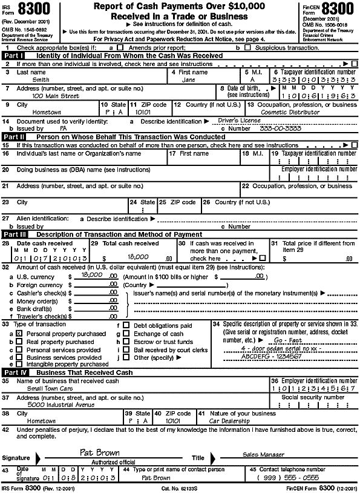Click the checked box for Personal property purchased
click(x=20, y=333)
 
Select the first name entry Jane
click(x=188, y=79)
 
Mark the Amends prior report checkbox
click(x=120, y=47)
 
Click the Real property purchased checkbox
click(x=20, y=342)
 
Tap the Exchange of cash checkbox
click(x=126, y=334)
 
